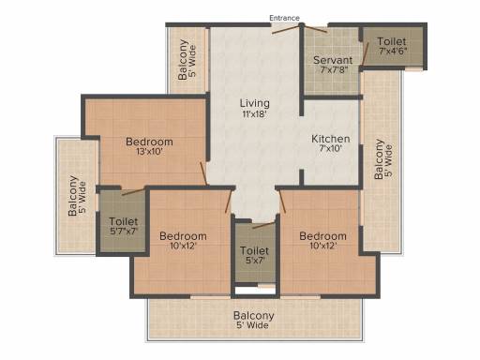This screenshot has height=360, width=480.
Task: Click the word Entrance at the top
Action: (x=284, y=18)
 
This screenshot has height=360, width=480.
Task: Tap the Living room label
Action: (x=255, y=103)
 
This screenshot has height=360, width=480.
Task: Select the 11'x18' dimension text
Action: (x=254, y=114)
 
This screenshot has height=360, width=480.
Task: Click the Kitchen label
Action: (x=331, y=139)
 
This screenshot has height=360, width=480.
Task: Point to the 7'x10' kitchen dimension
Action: (x=331, y=148)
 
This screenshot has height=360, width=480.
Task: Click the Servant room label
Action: (x=333, y=60)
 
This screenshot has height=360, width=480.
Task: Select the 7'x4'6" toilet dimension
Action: (x=393, y=51)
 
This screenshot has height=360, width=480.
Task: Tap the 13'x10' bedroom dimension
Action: (x=149, y=152)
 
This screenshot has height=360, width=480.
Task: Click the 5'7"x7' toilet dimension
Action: (x=124, y=232)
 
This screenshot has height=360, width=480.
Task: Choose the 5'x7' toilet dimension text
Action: (x=255, y=261)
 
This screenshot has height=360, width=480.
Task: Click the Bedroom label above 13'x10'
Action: (x=149, y=142)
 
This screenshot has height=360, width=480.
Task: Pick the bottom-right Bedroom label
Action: (x=322, y=236)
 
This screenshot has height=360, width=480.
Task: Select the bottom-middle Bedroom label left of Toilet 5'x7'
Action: (x=183, y=236)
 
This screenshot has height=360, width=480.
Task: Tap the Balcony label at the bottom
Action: (x=254, y=316)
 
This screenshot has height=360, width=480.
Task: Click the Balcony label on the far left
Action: (x=73, y=196)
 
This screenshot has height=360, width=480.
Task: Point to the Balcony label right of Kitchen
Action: (x=379, y=159)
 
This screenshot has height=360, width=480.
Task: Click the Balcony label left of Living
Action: (x=183, y=59)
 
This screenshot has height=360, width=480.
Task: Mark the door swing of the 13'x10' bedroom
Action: (x=203, y=173)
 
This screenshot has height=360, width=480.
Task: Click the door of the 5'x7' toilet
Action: (x=263, y=225)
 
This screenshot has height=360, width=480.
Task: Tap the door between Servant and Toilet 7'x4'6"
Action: (x=365, y=54)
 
